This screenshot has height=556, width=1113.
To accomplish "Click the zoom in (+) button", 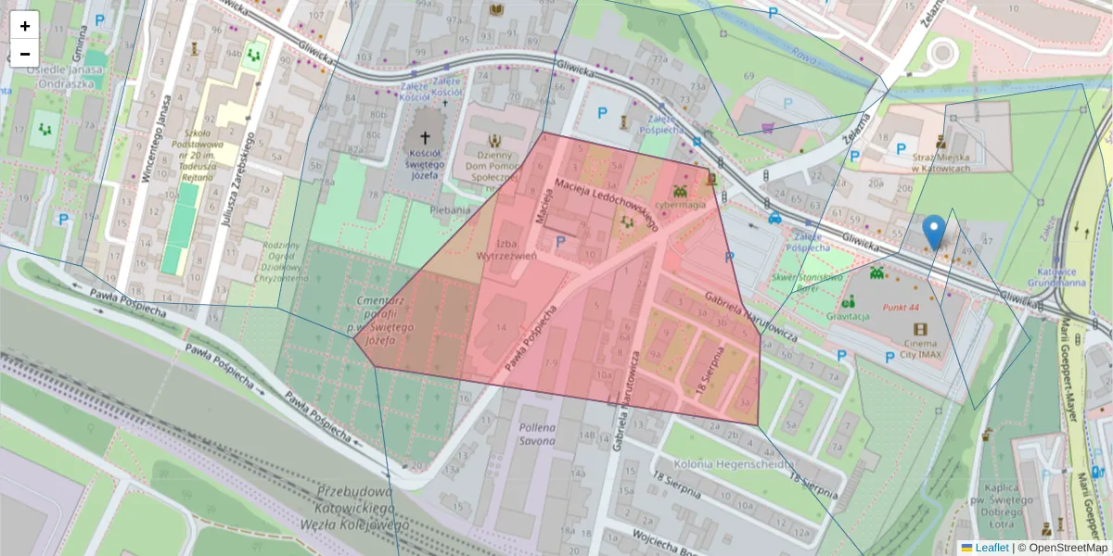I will click(25, 26).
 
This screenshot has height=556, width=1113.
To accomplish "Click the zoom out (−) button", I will click(25, 54).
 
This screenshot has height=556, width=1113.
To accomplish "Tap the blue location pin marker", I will click(935, 231).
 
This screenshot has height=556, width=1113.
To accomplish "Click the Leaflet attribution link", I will click(991, 548).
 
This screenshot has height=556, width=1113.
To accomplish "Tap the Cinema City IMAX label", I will click(919, 347).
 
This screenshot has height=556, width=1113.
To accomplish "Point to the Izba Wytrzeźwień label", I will click(507, 247).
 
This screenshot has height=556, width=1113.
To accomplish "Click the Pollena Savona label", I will click(536, 435).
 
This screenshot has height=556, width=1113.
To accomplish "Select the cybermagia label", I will click(681, 205).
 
